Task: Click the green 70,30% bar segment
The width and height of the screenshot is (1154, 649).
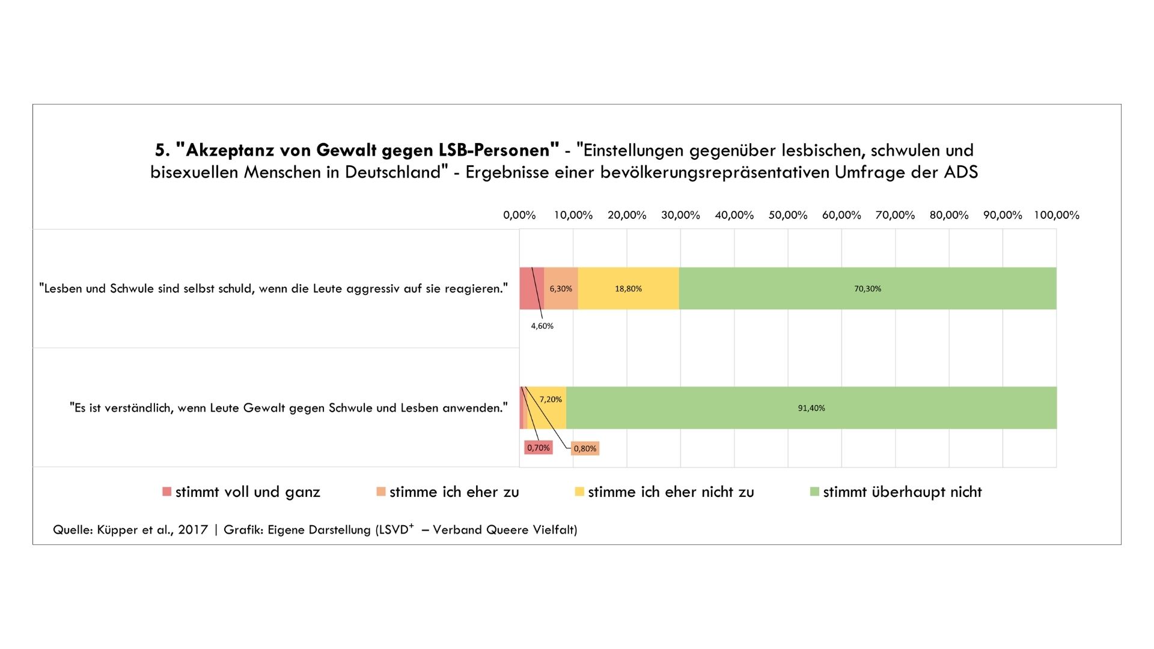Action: click(867, 288)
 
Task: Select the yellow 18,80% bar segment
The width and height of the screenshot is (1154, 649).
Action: click(628, 288)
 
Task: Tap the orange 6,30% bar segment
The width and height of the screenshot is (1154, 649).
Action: click(561, 288)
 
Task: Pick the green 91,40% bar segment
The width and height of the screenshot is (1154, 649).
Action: click(811, 408)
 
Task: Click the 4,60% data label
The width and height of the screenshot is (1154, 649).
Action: click(542, 326)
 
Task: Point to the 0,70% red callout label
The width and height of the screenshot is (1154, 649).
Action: click(538, 448)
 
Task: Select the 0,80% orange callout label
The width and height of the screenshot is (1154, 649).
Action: click(585, 448)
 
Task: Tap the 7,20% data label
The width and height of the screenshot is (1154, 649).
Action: click(551, 399)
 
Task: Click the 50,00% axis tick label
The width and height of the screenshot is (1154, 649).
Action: click(787, 215)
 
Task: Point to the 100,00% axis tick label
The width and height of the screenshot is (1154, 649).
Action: click(1056, 215)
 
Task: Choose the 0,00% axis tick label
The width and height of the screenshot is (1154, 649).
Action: click(519, 215)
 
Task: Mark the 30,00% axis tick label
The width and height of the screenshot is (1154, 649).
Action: click(680, 215)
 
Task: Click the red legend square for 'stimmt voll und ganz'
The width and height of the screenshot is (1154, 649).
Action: click(167, 492)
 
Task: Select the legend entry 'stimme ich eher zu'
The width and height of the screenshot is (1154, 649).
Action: click(454, 492)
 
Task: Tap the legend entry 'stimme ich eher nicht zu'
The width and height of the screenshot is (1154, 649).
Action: click(670, 492)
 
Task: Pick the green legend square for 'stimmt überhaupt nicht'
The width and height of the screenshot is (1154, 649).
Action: click(814, 492)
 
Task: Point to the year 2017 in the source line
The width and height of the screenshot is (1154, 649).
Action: click(192, 529)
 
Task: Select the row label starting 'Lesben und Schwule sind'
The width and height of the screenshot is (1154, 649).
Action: click(273, 288)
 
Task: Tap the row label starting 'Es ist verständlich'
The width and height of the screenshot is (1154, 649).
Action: click(288, 408)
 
